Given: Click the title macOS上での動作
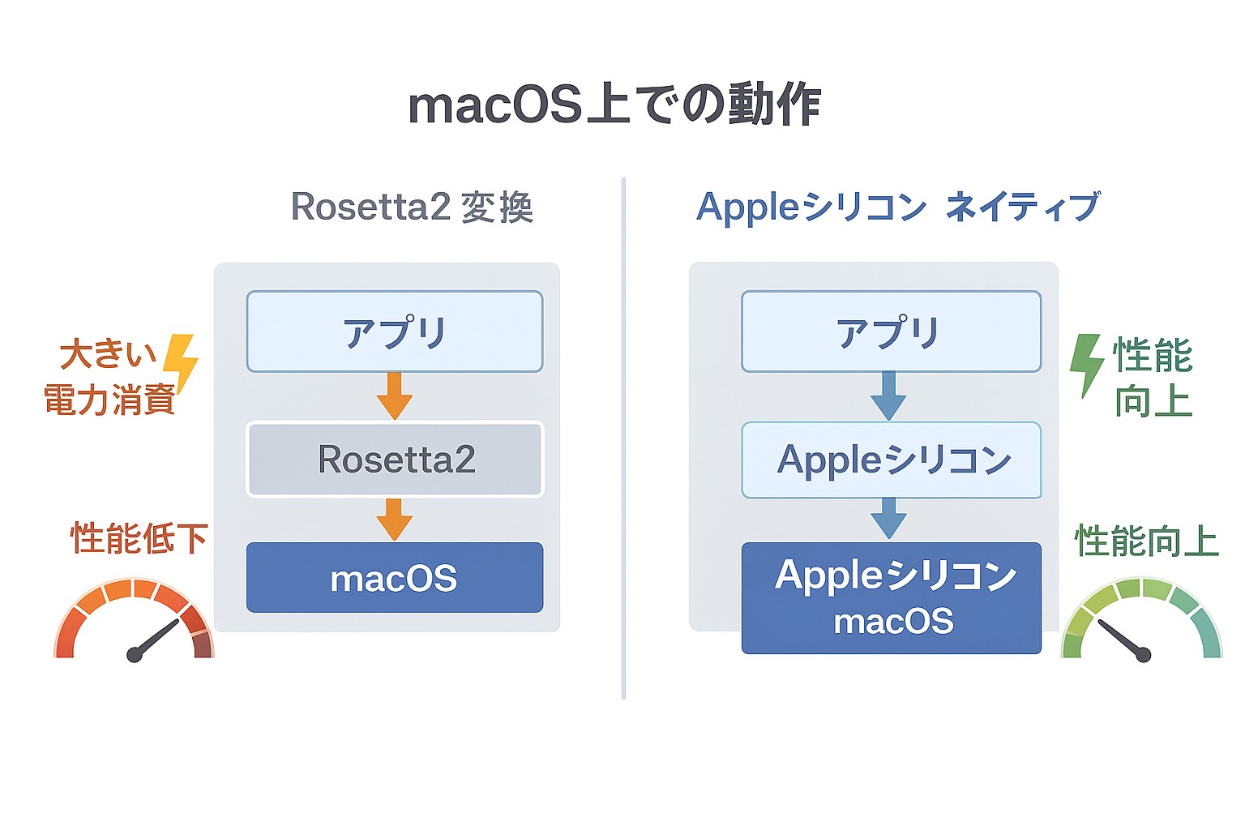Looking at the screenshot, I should coord(614,105).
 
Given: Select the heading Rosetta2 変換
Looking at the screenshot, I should coord(412,207).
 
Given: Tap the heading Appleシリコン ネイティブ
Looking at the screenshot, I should coord(897,207).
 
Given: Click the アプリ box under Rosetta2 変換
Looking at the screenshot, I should coord(395,332).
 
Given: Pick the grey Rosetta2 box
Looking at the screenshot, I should coord(395,459).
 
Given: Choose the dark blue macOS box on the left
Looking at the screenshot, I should coord(395,578).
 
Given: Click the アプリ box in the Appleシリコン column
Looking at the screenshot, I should coord(891,332).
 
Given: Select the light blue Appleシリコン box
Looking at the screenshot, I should coord(891,460).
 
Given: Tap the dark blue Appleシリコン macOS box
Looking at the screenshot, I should coord(891,598).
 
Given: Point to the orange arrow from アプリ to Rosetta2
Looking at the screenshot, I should coord(395,396).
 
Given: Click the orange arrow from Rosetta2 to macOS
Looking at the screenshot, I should coord(395,519).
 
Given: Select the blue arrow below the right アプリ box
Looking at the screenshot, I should coord(888,396).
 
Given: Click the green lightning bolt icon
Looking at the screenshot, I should coord(1086,364).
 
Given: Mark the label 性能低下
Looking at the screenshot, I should coord(139,539).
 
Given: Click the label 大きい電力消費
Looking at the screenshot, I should coord(109,378).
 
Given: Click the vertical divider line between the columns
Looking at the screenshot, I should coord(623,438).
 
